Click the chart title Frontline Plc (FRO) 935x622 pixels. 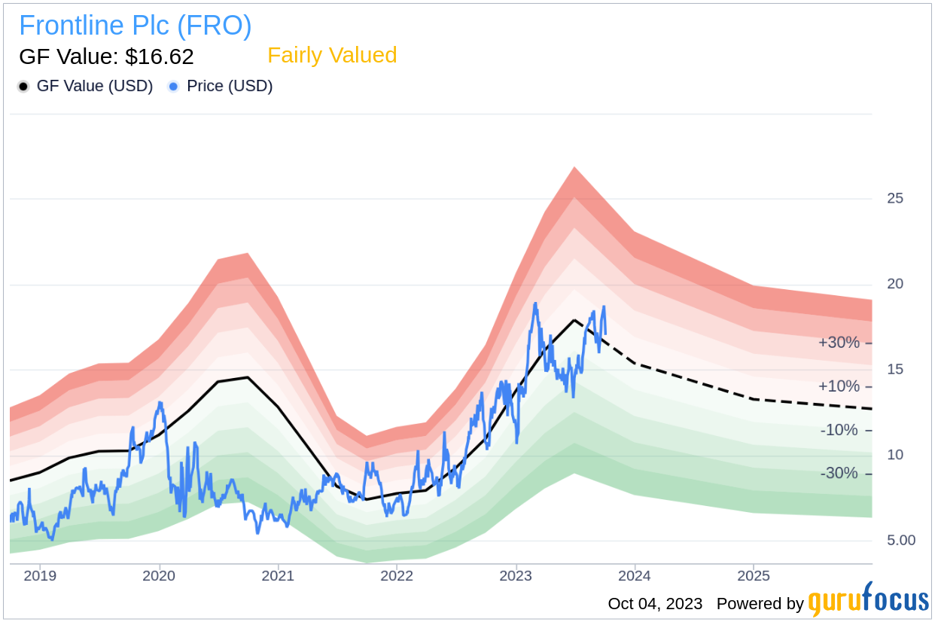coord(136,26)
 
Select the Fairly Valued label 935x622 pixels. coord(332,56)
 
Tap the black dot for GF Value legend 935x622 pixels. coord(24,87)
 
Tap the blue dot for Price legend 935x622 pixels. coord(174,87)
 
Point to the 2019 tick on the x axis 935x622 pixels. coord(40,576)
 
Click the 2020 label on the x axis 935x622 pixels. coord(159,576)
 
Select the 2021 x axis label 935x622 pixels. coord(278,576)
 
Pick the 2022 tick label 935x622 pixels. coord(397,576)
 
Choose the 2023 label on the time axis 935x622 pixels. coord(516,576)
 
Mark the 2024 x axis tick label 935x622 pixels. coord(635,576)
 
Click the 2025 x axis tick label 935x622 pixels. coord(754,576)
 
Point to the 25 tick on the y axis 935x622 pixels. coord(894,199)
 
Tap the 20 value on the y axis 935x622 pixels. coord(894,284)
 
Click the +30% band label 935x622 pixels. coord(839,343)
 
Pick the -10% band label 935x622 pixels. coord(839,430)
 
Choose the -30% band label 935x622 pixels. coord(839,473)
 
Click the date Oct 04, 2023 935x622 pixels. coord(655,604)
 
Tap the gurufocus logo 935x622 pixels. coord(868,600)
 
